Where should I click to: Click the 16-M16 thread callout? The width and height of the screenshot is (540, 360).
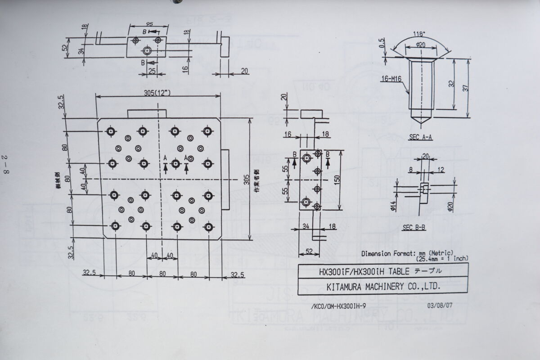(x=391, y=79)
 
